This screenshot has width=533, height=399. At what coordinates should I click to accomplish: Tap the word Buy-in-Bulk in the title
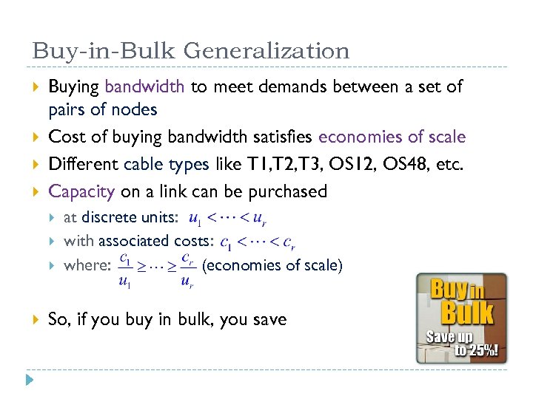pos(103,51)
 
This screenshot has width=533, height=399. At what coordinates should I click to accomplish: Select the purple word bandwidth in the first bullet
pos(144,86)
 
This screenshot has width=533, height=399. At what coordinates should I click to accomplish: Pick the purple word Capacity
pos(81,191)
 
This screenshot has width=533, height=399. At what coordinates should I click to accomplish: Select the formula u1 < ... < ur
pos(228,219)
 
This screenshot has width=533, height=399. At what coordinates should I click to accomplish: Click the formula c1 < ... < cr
pos(259,242)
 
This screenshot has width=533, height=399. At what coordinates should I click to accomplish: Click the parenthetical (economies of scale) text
pos(272,265)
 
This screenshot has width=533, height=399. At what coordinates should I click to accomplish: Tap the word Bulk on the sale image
pos(467,312)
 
